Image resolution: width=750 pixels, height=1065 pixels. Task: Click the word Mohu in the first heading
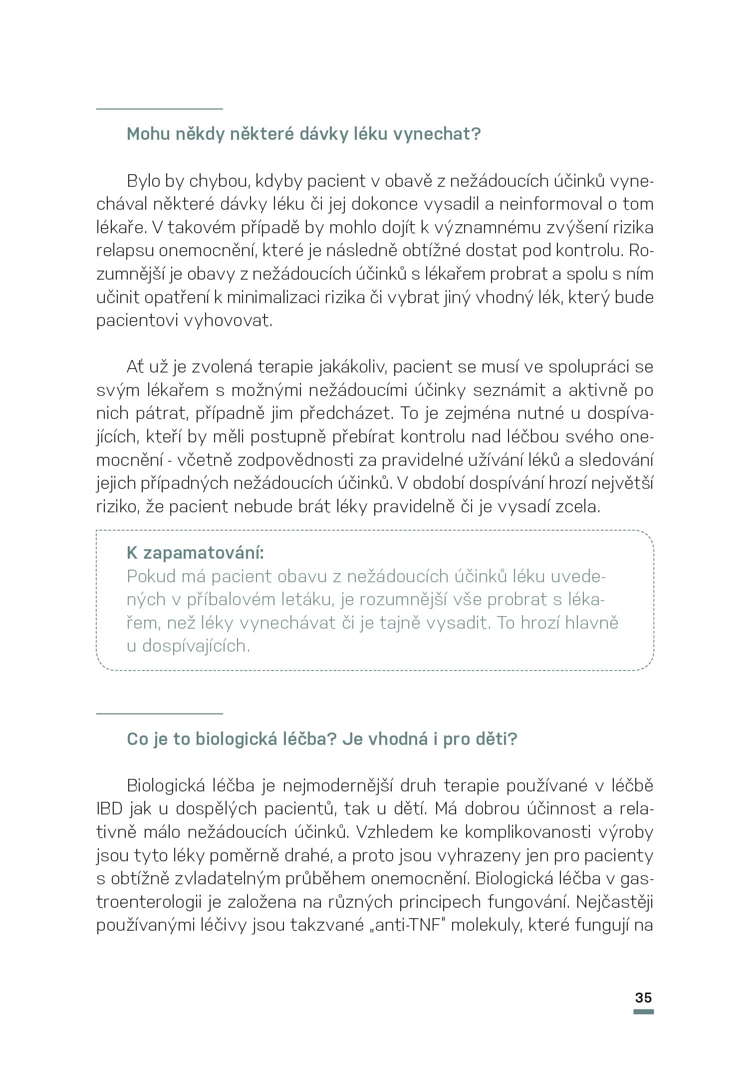[148, 134]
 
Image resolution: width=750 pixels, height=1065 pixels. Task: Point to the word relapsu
[124, 250]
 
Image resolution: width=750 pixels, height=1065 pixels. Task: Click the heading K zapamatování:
[195, 553]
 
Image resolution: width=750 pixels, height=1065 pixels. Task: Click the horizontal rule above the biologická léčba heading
[159, 713]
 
